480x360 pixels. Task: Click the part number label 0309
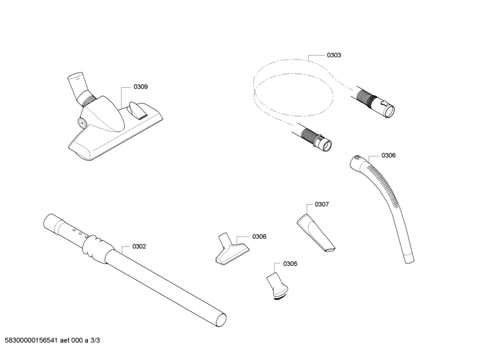[141, 87]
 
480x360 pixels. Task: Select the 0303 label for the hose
[334, 55]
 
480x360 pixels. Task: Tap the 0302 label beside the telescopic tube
[139, 246]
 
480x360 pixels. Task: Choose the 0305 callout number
[290, 264]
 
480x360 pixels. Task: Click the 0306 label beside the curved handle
[388, 155]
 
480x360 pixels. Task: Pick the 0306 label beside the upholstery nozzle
[259, 236]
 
